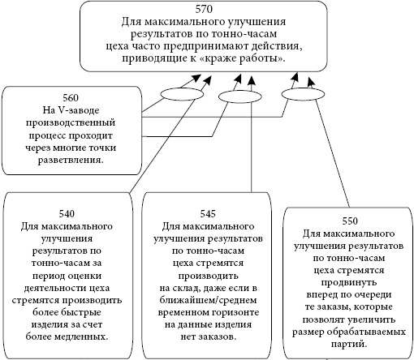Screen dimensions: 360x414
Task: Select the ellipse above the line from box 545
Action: [x=236, y=96]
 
